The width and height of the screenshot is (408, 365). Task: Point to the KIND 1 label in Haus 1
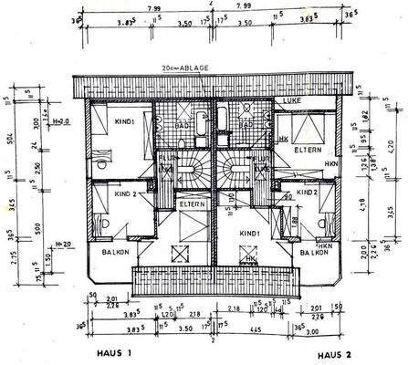click(x=125, y=121)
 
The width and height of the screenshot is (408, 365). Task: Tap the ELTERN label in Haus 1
click(x=191, y=204)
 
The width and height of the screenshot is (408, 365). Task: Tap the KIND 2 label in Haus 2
click(x=307, y=193)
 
